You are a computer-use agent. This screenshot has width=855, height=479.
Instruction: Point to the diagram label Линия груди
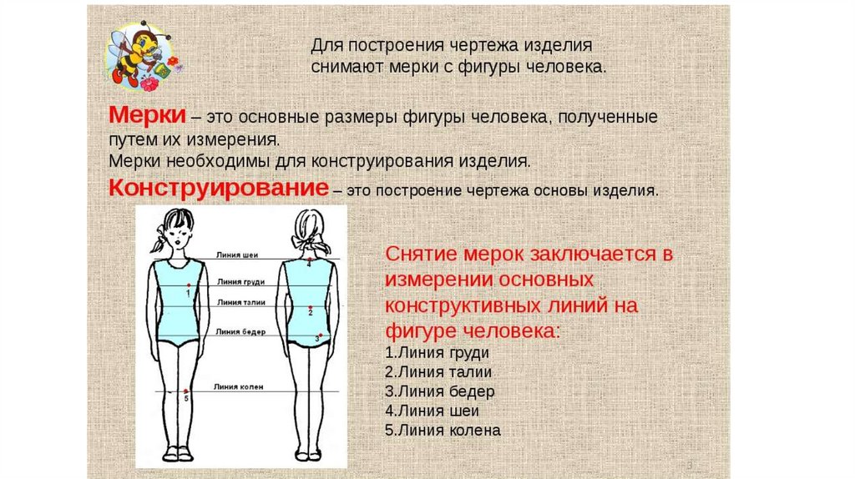(235, 283)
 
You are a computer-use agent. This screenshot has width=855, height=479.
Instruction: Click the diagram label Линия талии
(237, 302)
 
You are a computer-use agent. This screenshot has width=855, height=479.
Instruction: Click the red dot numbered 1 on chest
(190, 286)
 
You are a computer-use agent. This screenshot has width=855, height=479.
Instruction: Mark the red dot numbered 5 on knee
(186, 392)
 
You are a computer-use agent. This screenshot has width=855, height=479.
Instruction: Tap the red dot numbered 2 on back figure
(310, 308)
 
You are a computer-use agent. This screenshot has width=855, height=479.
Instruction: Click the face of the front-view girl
(178, 234)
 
